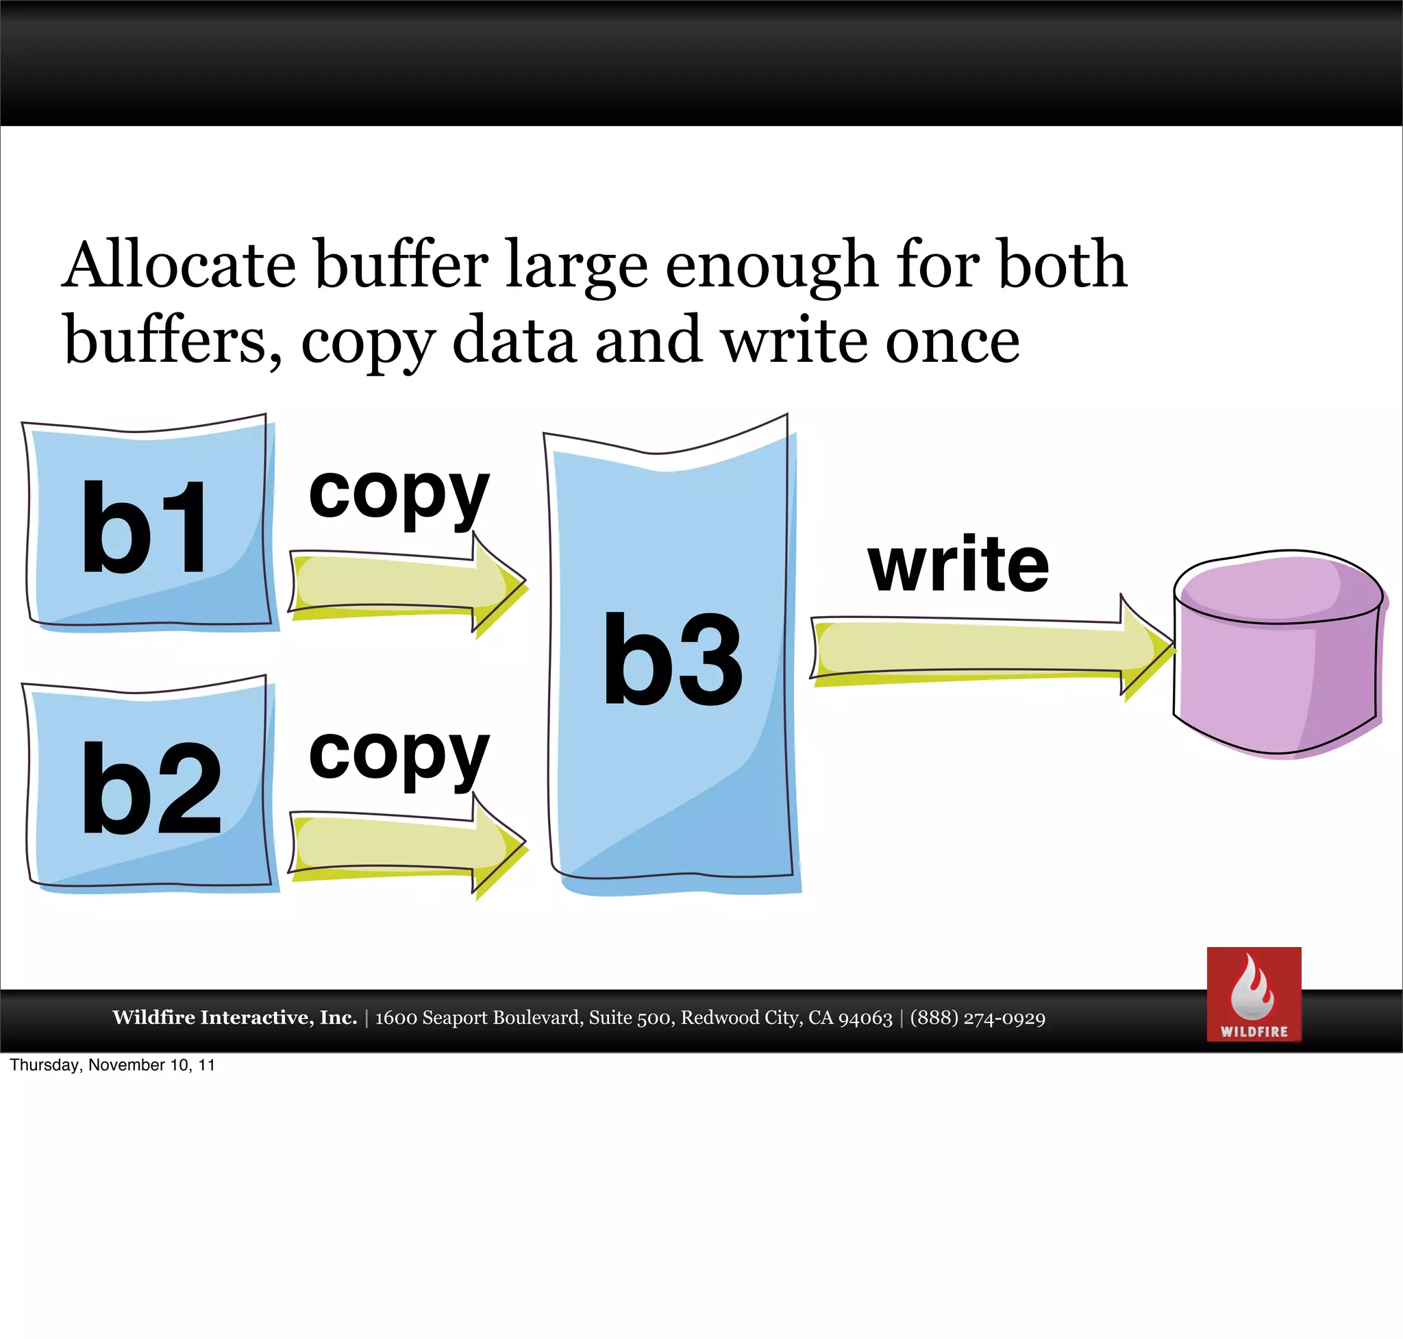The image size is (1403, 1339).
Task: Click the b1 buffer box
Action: [149, 525]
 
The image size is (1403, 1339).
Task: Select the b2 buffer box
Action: [149, 785]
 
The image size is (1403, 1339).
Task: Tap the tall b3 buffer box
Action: [671, 656]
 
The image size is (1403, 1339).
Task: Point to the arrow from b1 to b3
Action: [407, 585]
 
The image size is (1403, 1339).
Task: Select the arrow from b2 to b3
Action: [407, 846]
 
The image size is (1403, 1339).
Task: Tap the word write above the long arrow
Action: [958, 565]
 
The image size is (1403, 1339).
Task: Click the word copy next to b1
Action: [399, 496]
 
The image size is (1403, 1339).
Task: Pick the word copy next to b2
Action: [399, 757]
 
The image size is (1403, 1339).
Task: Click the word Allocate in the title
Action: [178, 265]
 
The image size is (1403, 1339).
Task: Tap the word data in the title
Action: [514, 341]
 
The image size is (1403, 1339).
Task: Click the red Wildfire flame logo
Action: [1254, 994]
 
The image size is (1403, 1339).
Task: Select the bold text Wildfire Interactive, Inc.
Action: [234, 1017]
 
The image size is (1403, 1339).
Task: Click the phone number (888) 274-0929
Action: [978, 1018]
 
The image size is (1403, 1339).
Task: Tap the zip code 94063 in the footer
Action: [865, 1018]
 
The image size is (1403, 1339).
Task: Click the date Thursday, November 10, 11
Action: [112, 1065]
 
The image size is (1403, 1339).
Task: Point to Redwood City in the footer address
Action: [741, 1018]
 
